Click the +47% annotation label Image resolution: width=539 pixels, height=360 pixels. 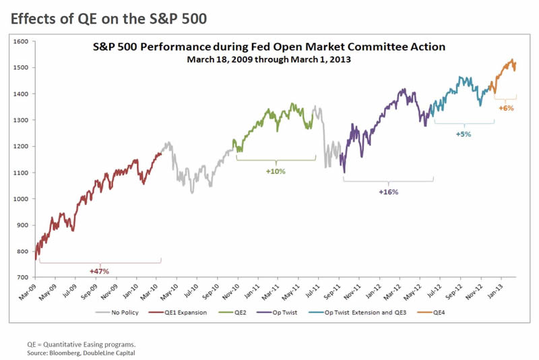99,271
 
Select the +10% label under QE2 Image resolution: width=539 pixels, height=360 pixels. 276,171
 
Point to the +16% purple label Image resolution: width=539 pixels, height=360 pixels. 388,192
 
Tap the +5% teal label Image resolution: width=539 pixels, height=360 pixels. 464,134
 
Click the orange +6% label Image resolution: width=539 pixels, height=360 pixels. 506,108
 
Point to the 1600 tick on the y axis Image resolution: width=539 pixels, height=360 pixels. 21,42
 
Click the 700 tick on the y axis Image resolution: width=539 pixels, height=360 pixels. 22,277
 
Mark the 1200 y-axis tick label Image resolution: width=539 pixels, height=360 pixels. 21,146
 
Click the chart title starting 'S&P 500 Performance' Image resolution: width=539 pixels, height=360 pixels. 268,47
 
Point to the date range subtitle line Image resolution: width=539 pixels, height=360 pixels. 268,59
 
